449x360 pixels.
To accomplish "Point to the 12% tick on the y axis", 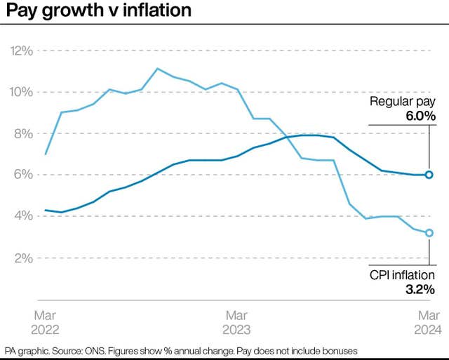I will (20, 51).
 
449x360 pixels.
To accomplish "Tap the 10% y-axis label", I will (20, 92).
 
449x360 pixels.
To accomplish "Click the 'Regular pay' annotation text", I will (403, 102).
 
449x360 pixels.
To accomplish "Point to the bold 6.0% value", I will (418, 116).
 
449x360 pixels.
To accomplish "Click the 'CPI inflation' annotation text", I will (402, 275).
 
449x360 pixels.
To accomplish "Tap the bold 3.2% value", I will (419, 289).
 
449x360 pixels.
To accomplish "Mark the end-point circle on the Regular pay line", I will (429, 175).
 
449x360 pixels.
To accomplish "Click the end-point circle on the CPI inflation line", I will (429, 233).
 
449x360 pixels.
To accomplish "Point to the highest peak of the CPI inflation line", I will (157, 69).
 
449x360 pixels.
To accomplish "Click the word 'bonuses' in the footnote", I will (339, 350).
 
